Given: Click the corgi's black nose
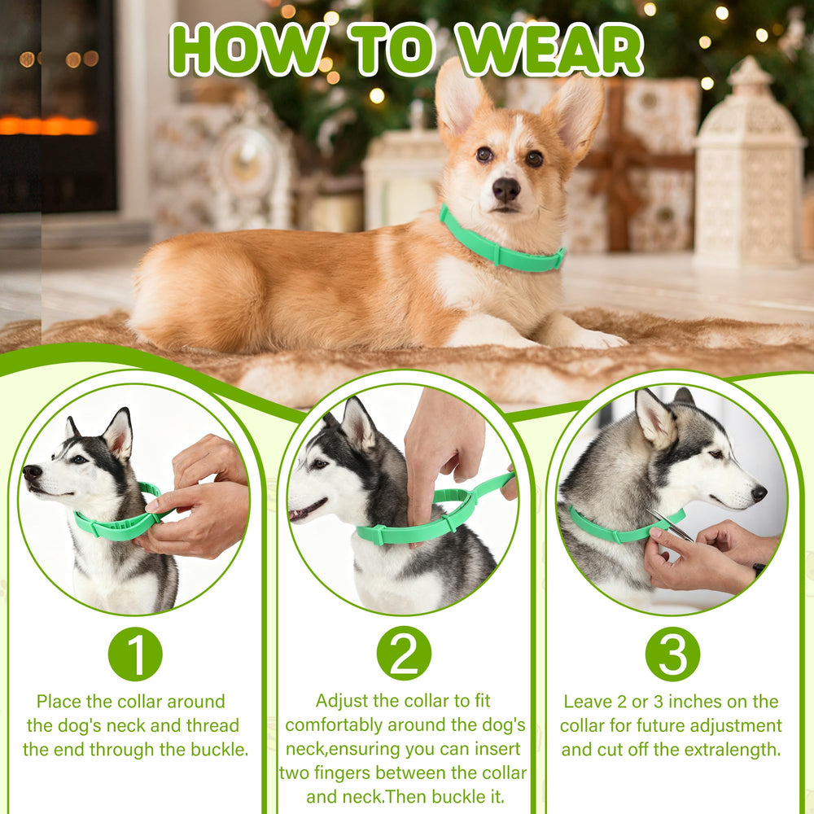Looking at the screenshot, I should [505, 190].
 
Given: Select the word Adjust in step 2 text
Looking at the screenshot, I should [342, 701].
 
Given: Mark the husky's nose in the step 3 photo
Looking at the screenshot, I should [759, 492].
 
